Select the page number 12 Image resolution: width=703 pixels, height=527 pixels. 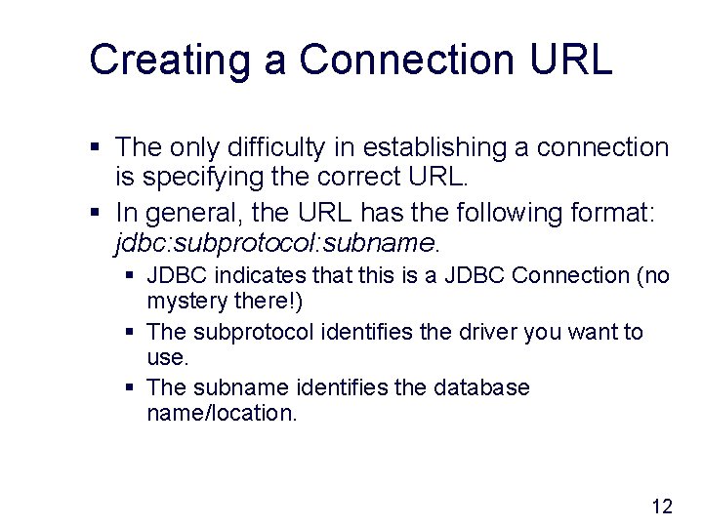click(661, 506)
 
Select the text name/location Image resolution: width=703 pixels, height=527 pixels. click(221, 413)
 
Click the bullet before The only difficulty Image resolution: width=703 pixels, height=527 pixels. click(96, 148)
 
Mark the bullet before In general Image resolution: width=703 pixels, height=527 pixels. click(96, 212)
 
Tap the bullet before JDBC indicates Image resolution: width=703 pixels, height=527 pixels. click(131, 277)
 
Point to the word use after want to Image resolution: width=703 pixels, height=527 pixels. click(166, 357)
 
